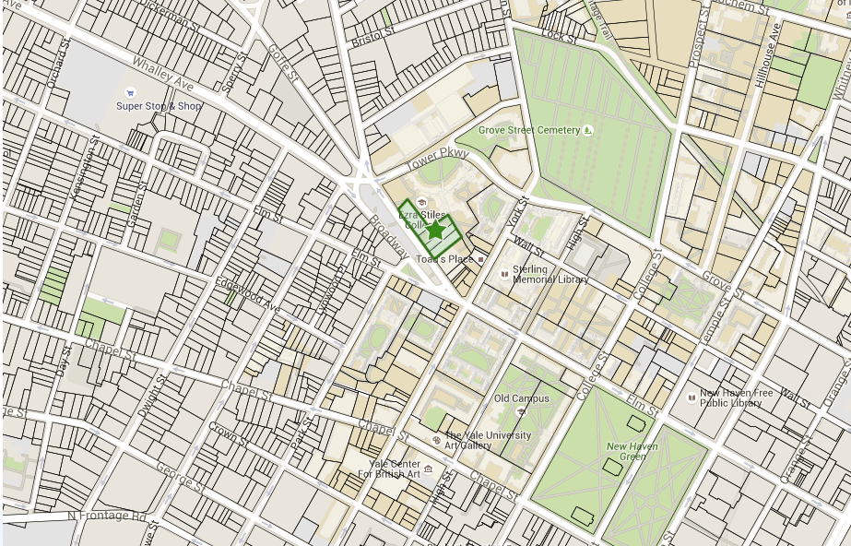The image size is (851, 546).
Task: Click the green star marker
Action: (x=436, y=231)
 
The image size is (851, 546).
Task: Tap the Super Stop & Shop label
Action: (x=159, y=106)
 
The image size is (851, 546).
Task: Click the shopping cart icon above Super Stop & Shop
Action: (x=130, y=92)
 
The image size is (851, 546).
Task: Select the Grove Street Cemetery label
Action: (x=528, y=131)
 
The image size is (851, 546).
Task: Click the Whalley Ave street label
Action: (x=162, y=74)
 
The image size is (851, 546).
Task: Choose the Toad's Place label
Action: (x=444, y=259)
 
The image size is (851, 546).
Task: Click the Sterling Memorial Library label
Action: (x=550, y=274)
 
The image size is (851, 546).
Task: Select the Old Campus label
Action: (x=521, y=398)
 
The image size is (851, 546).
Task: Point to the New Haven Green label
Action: (x=632, y=451)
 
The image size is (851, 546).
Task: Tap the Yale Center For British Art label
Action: (x=394, y=469)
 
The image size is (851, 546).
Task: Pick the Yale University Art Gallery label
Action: (x=489, y=440)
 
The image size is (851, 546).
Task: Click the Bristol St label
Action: (x=372, y=38)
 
